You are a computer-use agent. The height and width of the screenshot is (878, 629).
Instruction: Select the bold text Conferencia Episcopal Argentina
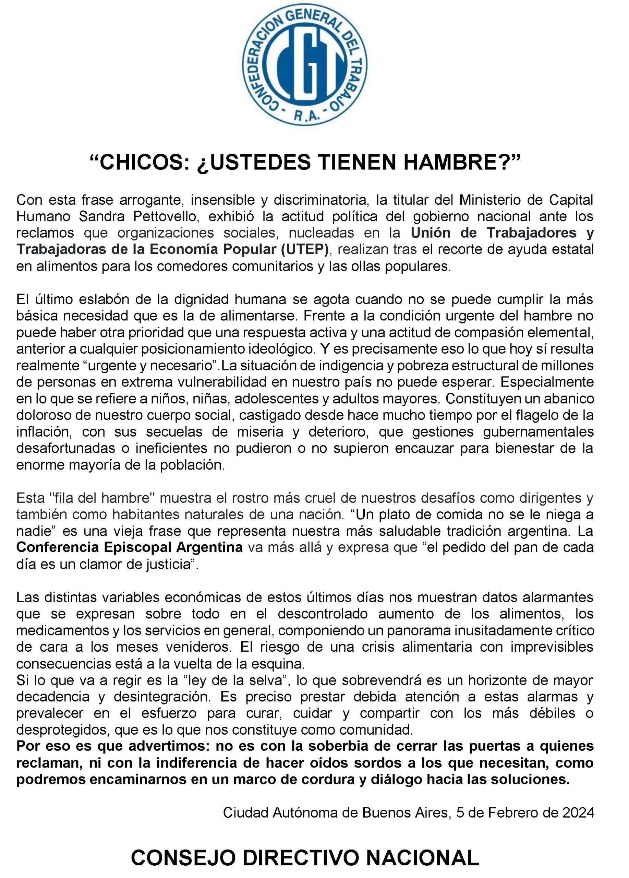tap(129, 547)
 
